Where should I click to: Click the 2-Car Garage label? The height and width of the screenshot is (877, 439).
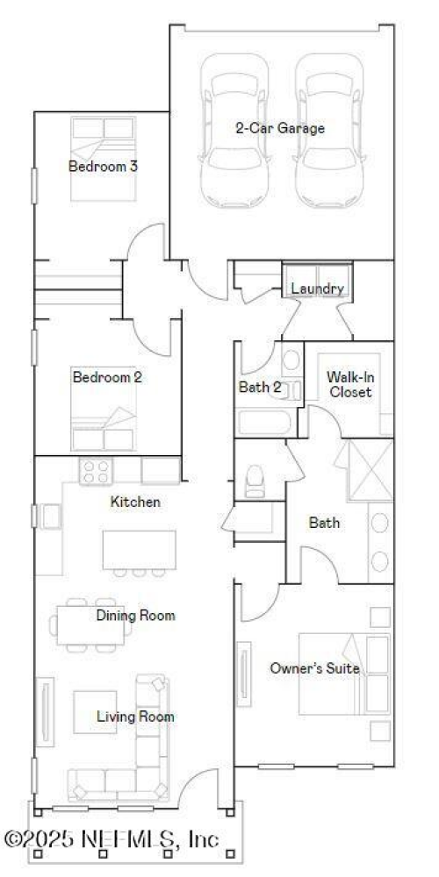[x=279, y=128]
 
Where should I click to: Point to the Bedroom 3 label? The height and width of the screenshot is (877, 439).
[x=103, y=165]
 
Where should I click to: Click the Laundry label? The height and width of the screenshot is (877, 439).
[x=317, y=289]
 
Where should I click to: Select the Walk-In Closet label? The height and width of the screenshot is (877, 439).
[x=349, y=384]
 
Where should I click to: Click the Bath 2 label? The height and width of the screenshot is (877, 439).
[x=260, y=387]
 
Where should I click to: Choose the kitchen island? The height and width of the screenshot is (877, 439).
[x=139, y=549]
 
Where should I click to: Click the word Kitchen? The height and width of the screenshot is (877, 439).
[x=135, y=503]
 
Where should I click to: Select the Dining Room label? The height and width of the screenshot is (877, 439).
[x=135, y=616]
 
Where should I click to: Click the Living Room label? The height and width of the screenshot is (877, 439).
[x=135, y=717]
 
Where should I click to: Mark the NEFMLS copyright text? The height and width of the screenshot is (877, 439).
[x=112, y=838]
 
